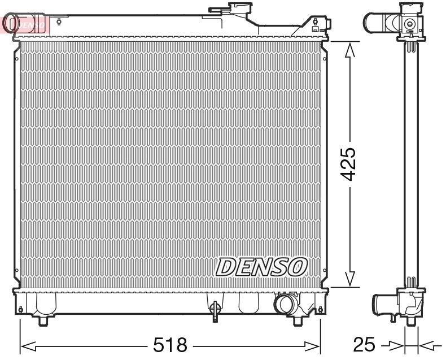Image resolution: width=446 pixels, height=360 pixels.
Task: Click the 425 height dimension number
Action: tap(349, 164)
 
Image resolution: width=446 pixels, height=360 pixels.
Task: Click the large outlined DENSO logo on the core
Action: tap(261, 266)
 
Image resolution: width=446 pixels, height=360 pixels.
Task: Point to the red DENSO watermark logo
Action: tap(25, 24)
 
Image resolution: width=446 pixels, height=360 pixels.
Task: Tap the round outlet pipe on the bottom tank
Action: tap(283, 305)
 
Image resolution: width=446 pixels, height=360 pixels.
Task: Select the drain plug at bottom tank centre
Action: tap(215, 309)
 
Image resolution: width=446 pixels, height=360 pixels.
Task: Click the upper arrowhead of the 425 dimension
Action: tap(349, 51)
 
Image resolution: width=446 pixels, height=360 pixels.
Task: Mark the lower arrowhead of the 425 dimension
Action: tap(349, 278)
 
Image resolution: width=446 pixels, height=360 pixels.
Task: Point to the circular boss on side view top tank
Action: tap(409, 24)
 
